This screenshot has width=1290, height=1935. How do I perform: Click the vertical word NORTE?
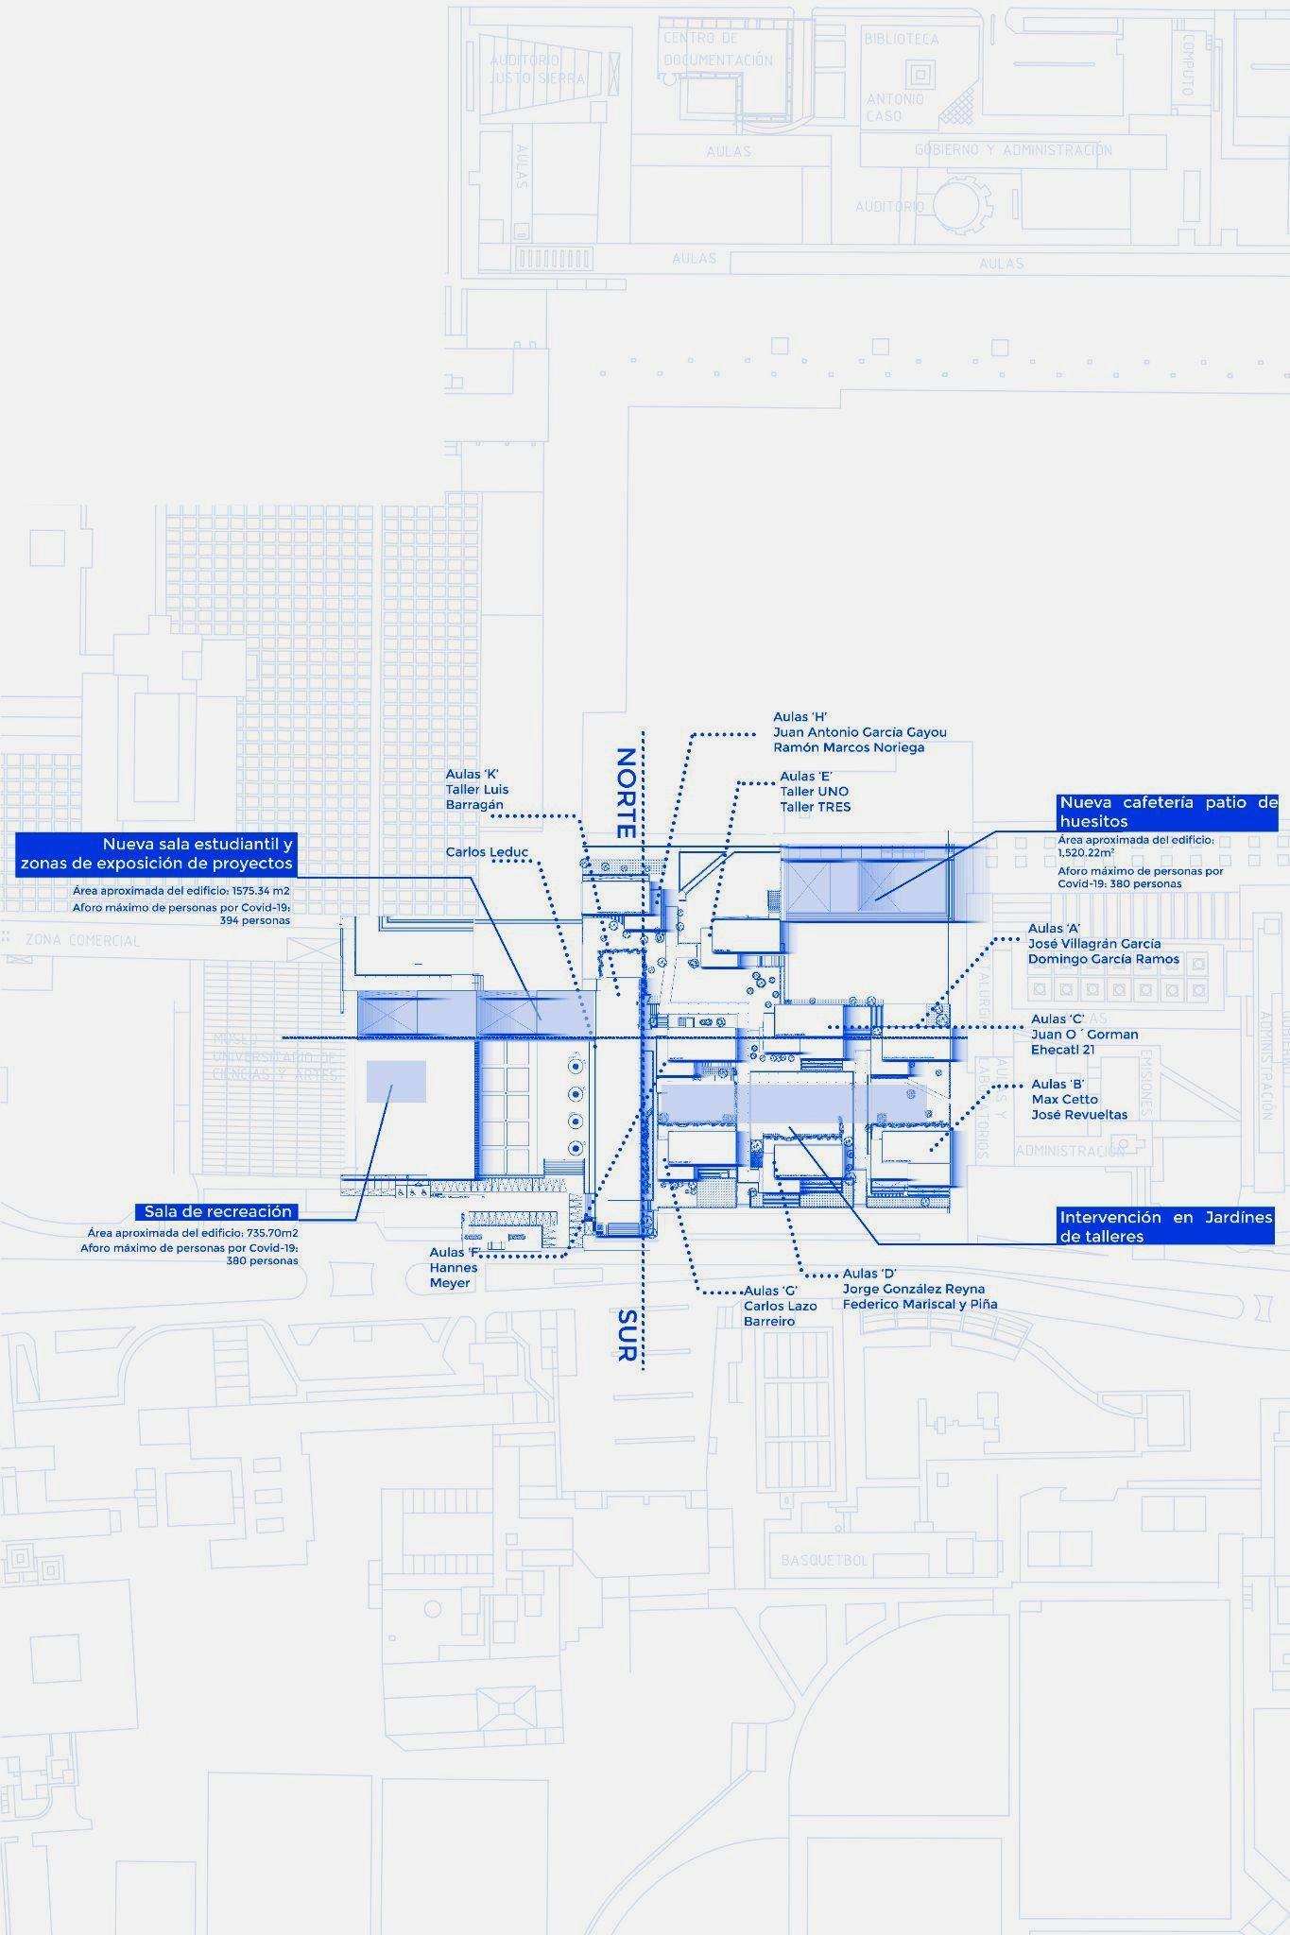626,794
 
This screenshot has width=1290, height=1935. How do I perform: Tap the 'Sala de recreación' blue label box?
218,1211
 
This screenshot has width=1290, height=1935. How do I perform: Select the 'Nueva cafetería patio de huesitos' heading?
1168,812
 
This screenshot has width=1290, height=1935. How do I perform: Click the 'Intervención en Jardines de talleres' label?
1165,1226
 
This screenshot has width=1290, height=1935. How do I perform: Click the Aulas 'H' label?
859,731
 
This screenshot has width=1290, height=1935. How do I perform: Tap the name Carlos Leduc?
487,852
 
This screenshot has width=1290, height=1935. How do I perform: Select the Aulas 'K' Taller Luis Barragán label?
477,789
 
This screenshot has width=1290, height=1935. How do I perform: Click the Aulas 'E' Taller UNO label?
814,792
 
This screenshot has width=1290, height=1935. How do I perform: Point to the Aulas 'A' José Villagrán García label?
1103,943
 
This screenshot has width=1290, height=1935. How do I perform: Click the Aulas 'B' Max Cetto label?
1079,1099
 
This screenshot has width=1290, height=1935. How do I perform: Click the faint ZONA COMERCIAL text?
82,940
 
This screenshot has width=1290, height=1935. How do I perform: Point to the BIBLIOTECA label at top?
901,39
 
